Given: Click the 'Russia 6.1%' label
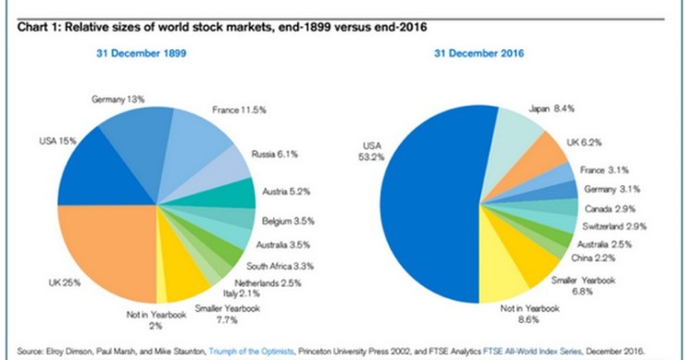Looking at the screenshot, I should coord(275,154).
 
